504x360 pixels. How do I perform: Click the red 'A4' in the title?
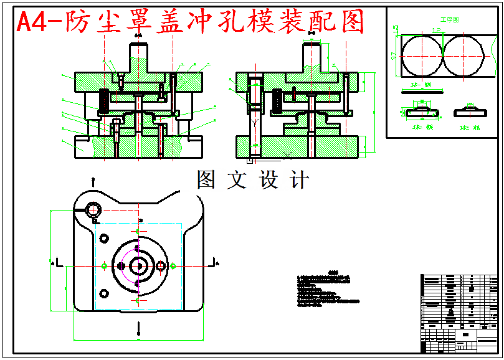pyautogui.click(x=31, y=23)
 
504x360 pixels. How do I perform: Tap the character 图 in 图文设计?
pyautogui.click(x=206, y=180)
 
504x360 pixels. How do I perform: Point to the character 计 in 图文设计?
pyautogui.click(x=299, y=180)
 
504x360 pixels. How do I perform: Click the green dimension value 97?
pyautogui.click(x=394, y=56)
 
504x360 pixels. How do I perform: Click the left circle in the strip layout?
pyautogui.click(x=421, y=56)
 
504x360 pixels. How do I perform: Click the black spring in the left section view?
pyautogui.click(x=105, y=98)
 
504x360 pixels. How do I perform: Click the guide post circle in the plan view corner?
pyautogui.click(x=93, y=209)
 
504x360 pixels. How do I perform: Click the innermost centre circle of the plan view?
pyautogui.click(x=138, y=266)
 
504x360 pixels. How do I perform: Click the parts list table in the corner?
pyautogui.click(x=459, y=311)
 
